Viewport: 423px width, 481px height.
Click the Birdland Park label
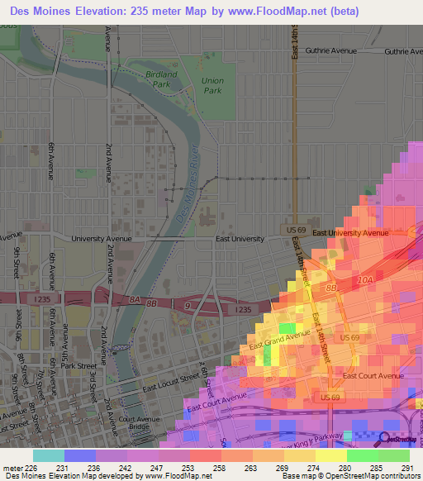[x=161, y=79]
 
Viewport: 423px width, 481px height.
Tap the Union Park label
[x=212, y=85]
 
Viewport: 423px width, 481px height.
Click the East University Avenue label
[x=349, y=233]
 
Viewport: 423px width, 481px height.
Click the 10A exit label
[x=366, y=282]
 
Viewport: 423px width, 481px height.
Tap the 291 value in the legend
[x=406, y=468]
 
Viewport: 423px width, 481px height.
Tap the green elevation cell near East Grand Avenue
[x=286, y=328]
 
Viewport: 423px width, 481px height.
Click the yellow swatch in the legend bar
[x=330, y=455]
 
